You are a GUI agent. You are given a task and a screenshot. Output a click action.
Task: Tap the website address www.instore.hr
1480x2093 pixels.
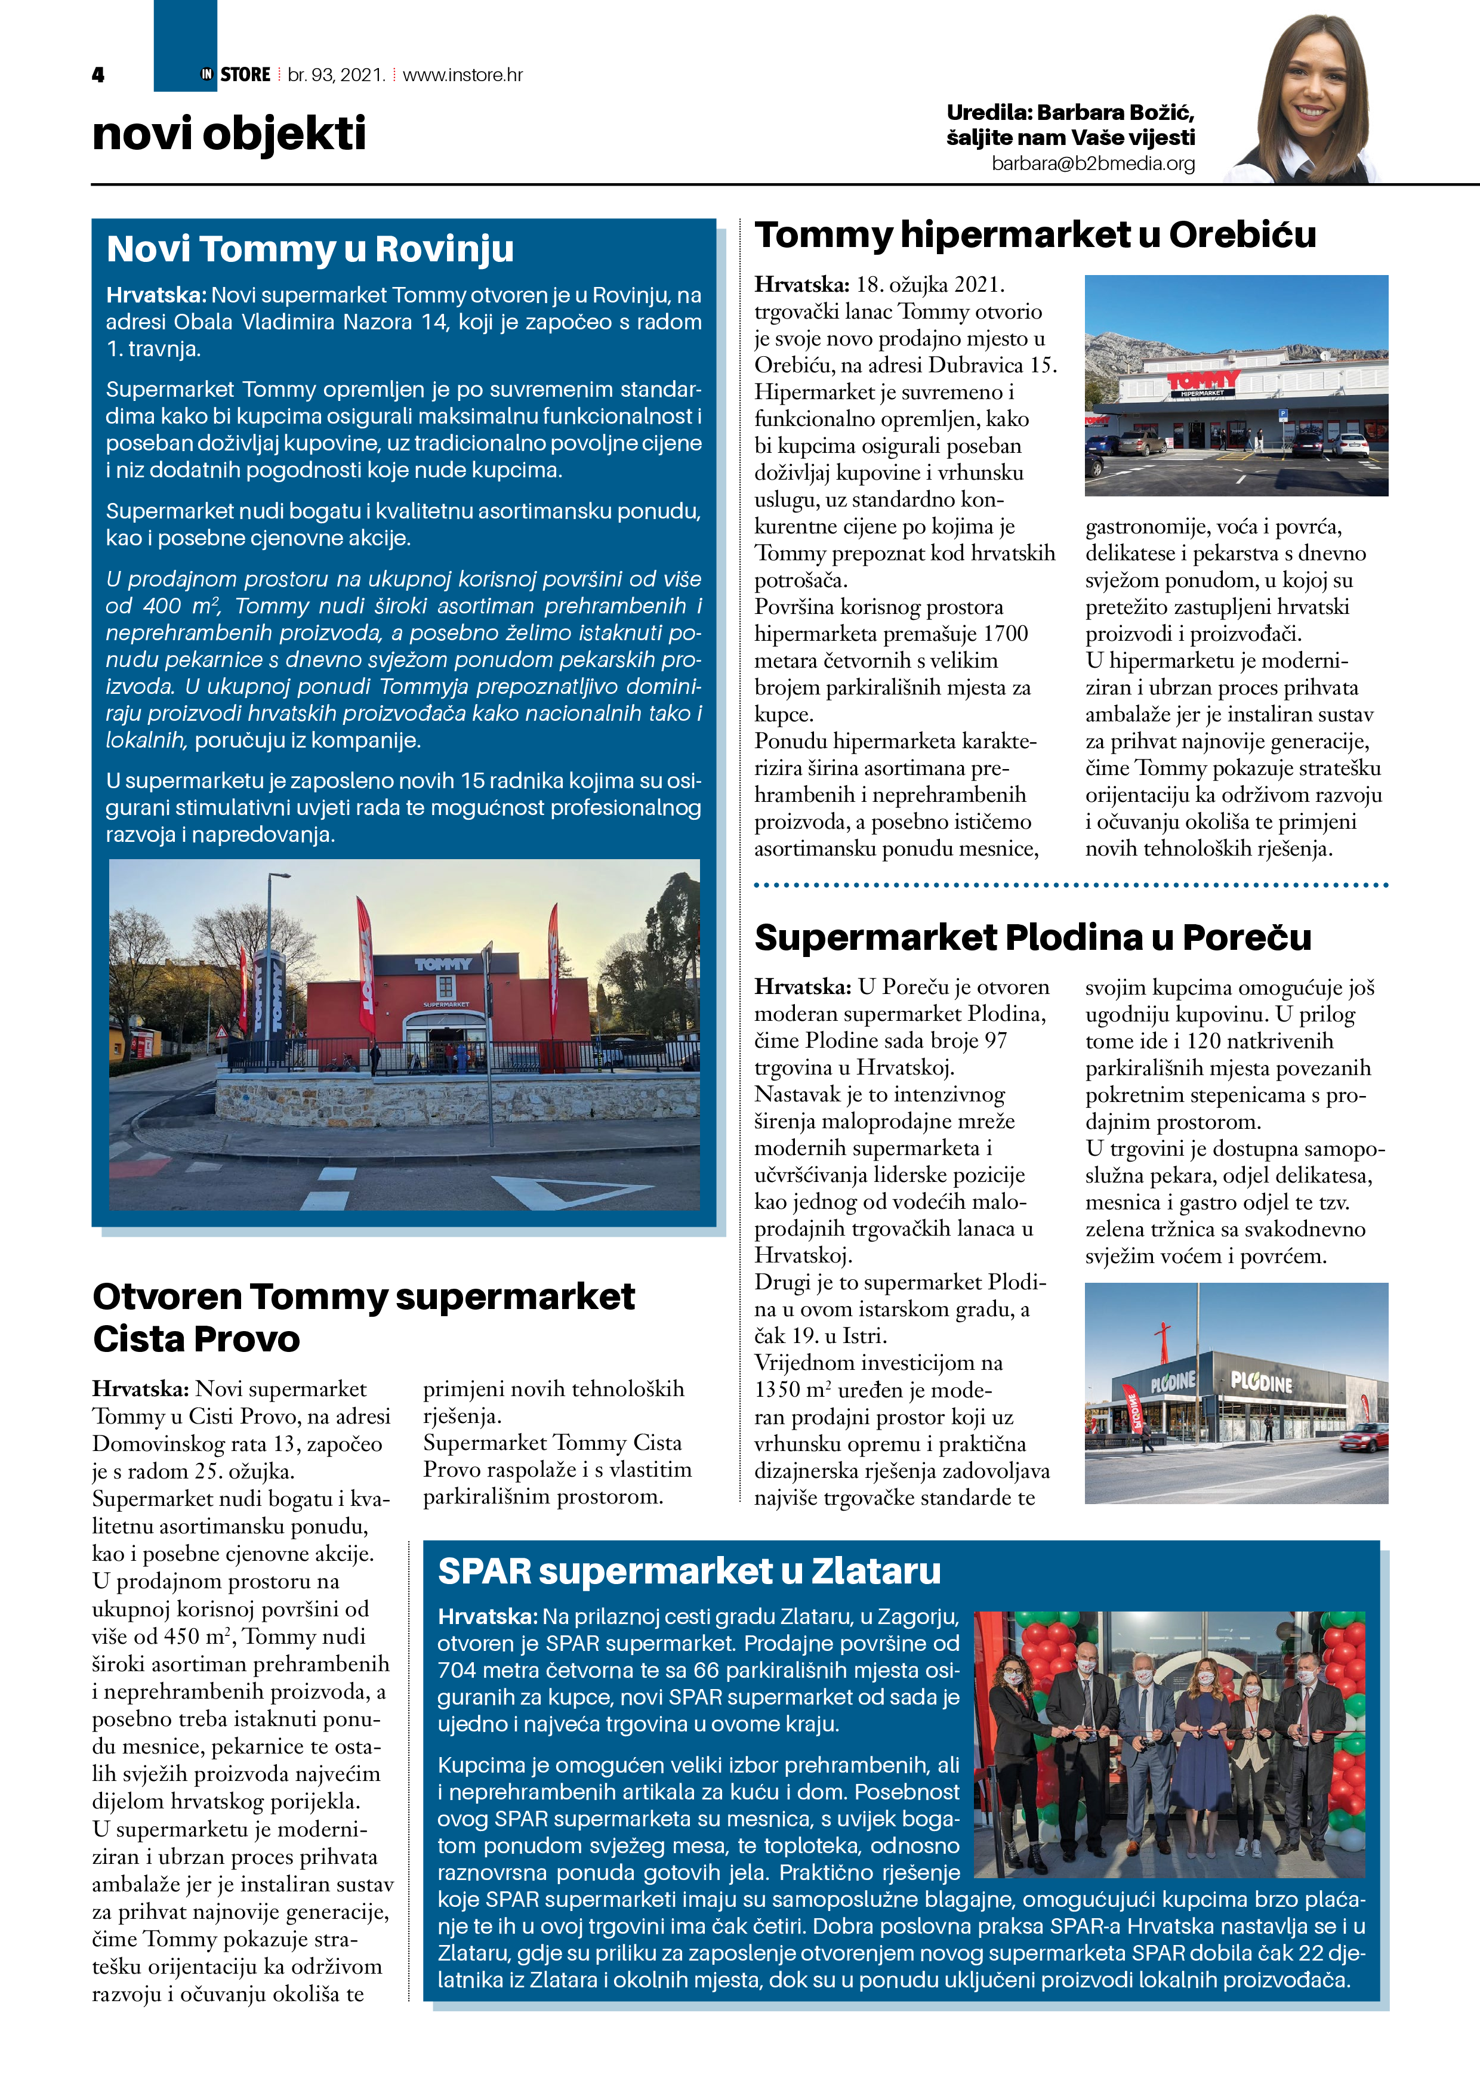point(462,75)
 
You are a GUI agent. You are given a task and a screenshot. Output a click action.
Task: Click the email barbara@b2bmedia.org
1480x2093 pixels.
point(1093,164)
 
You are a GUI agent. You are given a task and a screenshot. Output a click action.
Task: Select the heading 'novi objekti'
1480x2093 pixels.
point(229,134)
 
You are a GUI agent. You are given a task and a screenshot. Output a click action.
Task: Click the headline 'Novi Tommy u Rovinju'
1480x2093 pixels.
point(310,249)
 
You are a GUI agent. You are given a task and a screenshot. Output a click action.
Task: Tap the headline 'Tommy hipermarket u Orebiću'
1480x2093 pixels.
point(1035,235)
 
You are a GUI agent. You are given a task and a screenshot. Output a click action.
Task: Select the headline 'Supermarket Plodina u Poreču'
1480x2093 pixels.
point(1032,937)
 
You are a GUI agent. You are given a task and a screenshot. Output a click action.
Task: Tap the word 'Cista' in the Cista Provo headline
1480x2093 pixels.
point(138,1339)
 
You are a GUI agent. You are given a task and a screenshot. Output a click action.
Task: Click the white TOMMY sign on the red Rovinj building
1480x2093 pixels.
point(443,964)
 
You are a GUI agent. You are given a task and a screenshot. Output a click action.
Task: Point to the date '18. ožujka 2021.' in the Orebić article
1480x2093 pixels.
point(930,285)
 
